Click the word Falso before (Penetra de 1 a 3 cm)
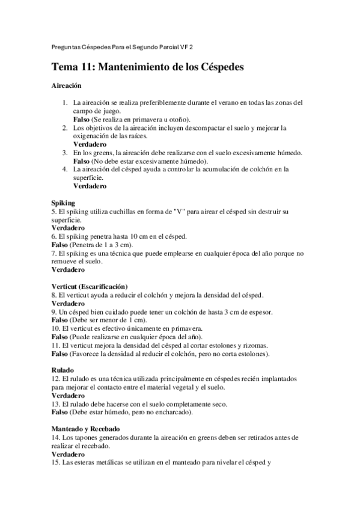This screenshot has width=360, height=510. (59, 244)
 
